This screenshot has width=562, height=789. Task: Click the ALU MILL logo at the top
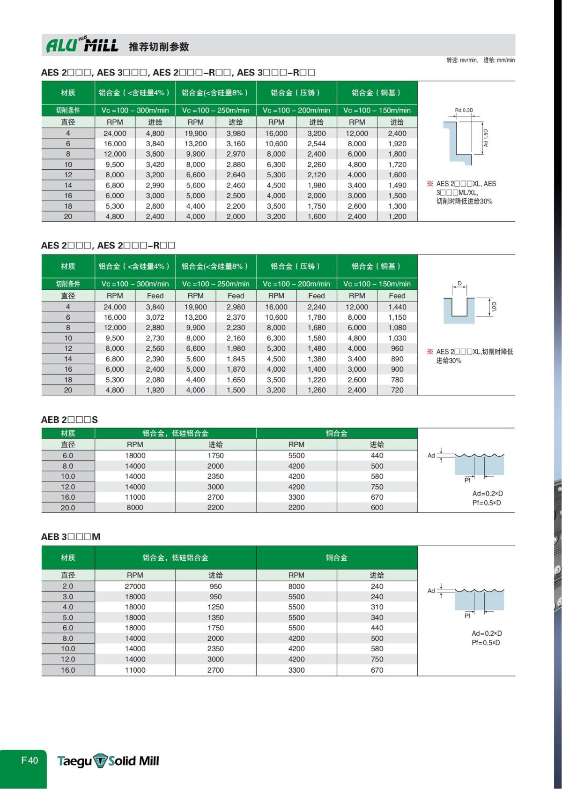click(x=82, y=45)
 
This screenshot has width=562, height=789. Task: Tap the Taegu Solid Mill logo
click(x=108, y=760)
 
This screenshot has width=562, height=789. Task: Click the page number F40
click(x=30, y=760)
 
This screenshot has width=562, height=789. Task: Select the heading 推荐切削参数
click(x=159, y=46)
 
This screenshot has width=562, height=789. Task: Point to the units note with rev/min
click(x=480, y=60)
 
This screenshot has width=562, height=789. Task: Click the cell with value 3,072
click(x=155, y=317)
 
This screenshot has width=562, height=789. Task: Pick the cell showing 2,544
click(x=317, y=144)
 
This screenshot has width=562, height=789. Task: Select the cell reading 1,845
click(x=236, y=359)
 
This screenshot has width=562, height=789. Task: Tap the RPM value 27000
click(x=135, y=586)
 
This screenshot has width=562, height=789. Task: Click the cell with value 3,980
click(x=236, y=134)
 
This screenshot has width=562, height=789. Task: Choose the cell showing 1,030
click(x=397, y=338)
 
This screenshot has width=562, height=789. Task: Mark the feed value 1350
click(x=215, y=618)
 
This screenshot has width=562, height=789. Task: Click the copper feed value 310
click(x=377, y=607)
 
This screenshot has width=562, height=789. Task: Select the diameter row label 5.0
click(x=68, y=618)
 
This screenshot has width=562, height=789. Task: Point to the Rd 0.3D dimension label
click(x=464, y=111)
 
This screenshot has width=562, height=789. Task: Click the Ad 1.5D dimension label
click(x=486, y=138)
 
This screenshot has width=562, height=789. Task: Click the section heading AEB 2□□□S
click(x=69, y=420)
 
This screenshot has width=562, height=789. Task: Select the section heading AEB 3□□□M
click(x=71, y=537)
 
